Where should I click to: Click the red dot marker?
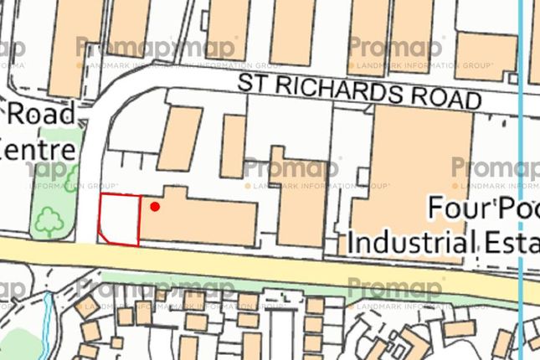pos(154,205)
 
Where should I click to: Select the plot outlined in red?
pos(118,219)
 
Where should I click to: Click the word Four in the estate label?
pos(457,207)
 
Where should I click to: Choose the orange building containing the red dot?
pos(201,219)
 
